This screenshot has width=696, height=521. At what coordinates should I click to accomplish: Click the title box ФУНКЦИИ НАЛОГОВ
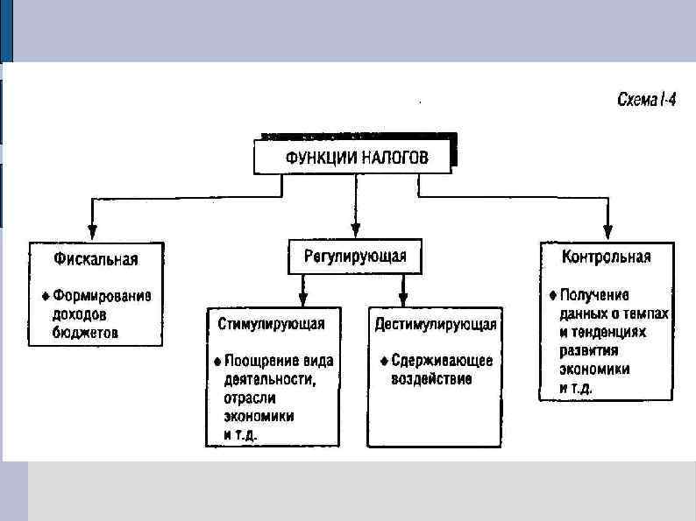pyautogui.click(x=354, y=158)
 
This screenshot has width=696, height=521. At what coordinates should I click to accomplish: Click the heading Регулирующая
pyautogui.click(x=355, y=256)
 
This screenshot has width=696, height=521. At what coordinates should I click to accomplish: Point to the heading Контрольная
pyautogui.click(x=607, y=257)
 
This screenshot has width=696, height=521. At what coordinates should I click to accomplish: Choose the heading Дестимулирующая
pyautogui.click(x=436, y=324)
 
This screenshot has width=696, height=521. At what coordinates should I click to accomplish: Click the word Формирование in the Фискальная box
pyautogui.click(x=103, y=295)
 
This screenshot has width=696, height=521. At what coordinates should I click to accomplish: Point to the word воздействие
pyautogui.click(x=431, y=379)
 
